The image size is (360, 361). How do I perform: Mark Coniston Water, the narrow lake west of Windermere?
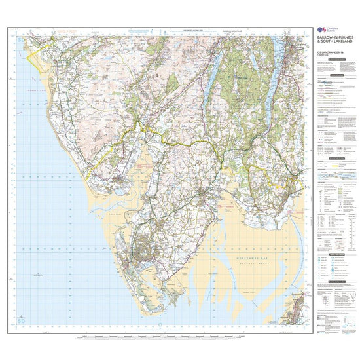coord(213,82)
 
